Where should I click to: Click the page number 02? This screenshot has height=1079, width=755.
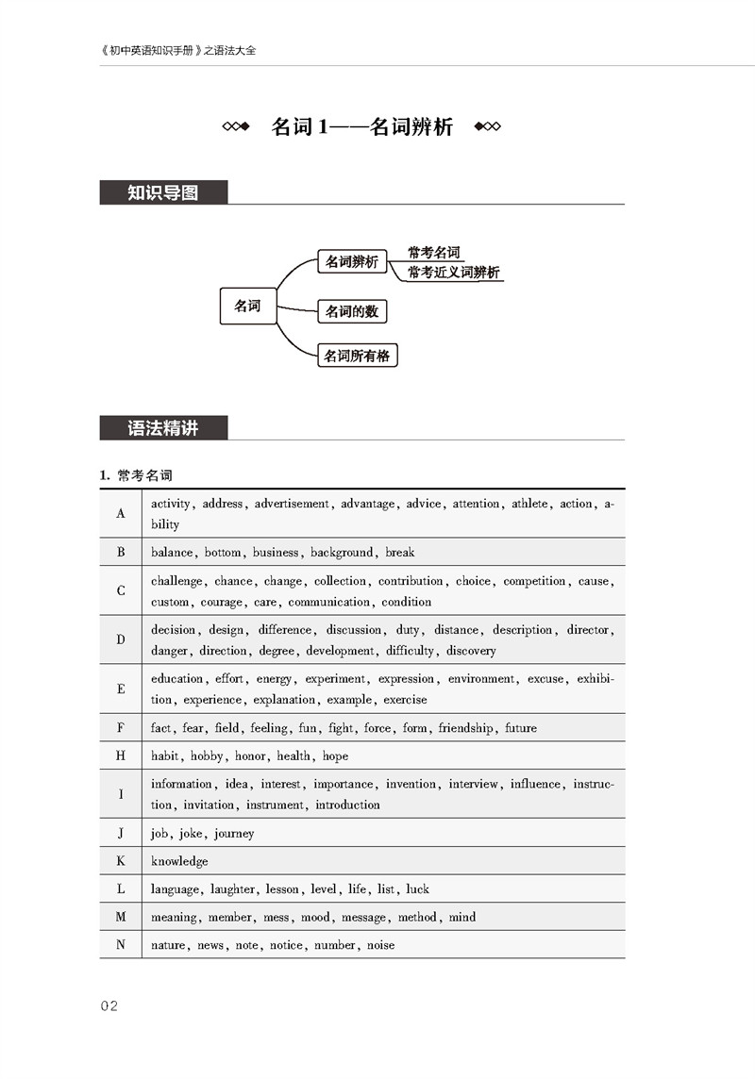(x=109, y=1005)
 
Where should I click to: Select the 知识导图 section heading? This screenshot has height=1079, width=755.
(x=163, y=192)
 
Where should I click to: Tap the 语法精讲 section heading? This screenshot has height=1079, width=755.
(x=163, y=427)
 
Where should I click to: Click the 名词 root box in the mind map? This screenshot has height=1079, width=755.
(x=248, y=306)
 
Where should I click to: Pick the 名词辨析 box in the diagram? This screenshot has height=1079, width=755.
(x=352, y=261)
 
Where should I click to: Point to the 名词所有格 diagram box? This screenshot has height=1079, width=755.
(x=357, y=355)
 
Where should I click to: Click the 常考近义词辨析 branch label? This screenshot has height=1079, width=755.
(x=453, y=273)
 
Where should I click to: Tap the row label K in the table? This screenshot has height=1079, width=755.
(x=121, y=861)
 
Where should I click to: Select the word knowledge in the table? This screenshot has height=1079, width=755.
(x=179, y=861)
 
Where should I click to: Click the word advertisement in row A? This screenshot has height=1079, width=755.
(x=292, y=504)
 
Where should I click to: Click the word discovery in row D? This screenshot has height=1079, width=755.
(x=471, y=651)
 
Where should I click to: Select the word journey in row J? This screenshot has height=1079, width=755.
(x=234, y=834)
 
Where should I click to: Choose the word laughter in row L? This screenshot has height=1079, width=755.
(x=232, y=889)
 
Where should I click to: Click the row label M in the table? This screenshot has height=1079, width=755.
(x=121, y=917)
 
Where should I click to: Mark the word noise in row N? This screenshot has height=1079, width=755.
(x=380, y=945)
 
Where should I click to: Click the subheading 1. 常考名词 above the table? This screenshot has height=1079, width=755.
(x=136, y=475)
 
